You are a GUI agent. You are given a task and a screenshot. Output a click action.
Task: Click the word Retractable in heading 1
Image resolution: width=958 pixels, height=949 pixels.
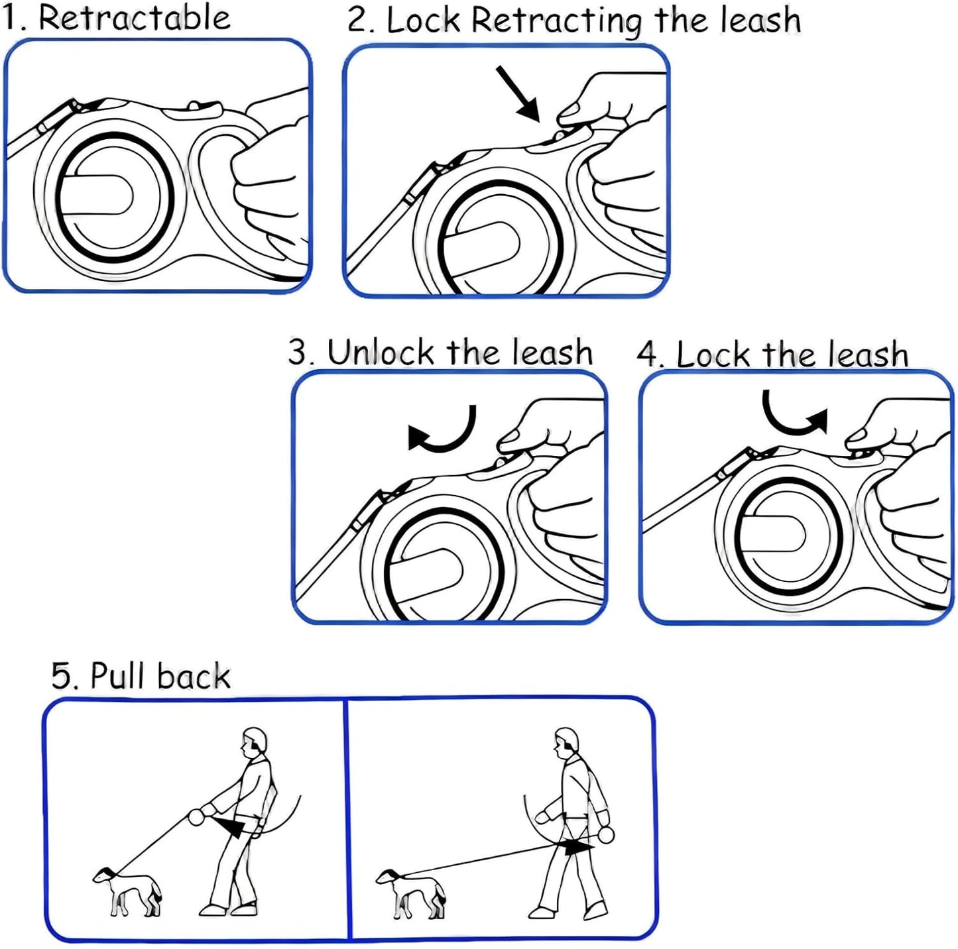[135, 18]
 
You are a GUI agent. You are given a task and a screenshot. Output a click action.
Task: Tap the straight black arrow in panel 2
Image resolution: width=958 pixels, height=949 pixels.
[519, 93]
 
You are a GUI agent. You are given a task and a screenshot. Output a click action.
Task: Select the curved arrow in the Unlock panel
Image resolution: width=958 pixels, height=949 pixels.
[443, 432]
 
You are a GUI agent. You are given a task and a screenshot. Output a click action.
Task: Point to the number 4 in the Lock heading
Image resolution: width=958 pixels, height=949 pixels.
[647, 355]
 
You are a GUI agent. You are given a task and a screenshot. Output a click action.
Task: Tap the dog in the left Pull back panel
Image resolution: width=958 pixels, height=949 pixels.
[128, 891]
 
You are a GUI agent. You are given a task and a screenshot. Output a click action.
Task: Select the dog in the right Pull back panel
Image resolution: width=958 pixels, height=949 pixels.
[412, 893]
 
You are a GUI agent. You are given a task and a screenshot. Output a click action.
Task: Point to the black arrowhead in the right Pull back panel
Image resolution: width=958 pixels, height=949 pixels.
[578, 847]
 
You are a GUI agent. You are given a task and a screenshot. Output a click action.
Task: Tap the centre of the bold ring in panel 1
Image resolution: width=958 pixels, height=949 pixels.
[114, 197]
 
